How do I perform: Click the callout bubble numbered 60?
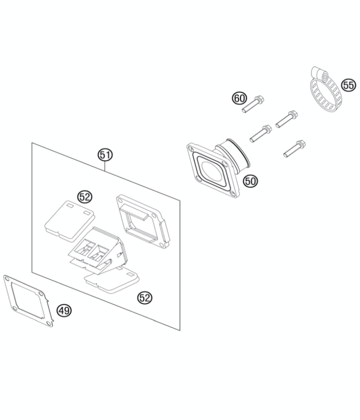(x=239, y=98)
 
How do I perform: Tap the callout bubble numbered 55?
(x=348, y=85)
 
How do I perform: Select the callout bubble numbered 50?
(x=250, y=181)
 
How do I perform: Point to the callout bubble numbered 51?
(x=105, y=155)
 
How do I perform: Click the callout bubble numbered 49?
(x=64, y=310)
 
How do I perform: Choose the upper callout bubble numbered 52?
(x=85, y=197)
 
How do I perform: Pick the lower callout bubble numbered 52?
(x=145, y=297)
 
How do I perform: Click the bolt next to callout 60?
(x=253, y=104)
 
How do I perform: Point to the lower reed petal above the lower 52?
(x=113, y=280)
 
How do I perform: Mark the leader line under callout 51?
(x=105, y=167)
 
